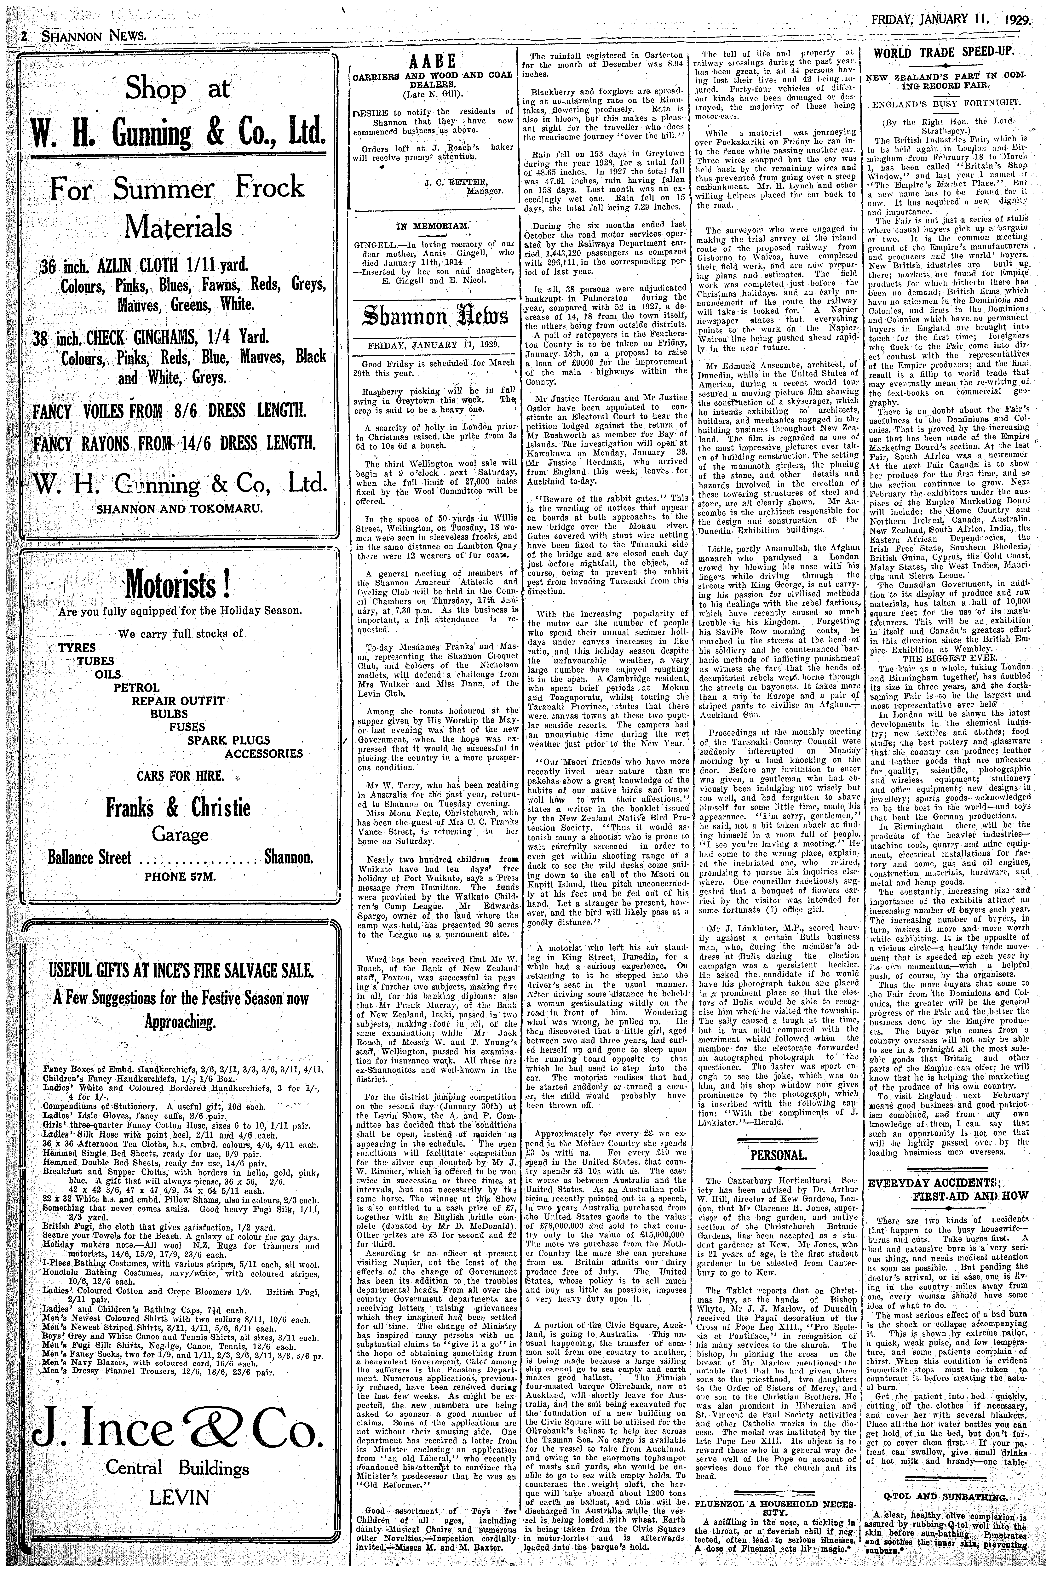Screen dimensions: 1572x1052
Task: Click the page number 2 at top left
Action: point(24,37)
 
